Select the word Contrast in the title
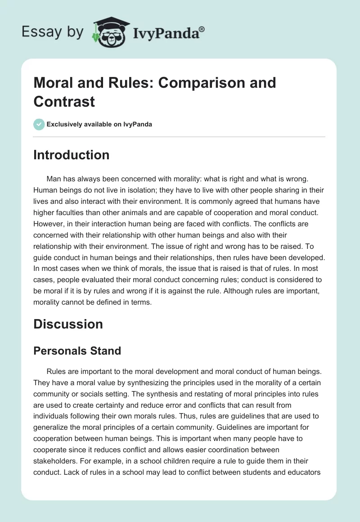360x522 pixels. tap(64, 101)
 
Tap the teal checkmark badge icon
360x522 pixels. tap(39, 124)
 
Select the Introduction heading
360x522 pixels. tap(71, 155)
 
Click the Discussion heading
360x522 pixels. tap(68, 324)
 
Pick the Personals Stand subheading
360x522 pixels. tap(77, 351)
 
